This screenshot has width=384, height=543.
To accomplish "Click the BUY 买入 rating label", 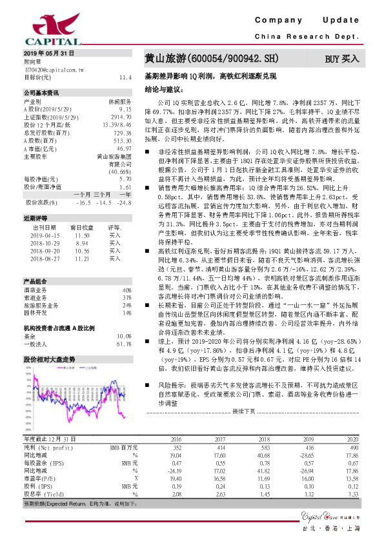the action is tap(342, 59).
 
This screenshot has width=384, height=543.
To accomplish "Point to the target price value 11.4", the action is tap(125, 77).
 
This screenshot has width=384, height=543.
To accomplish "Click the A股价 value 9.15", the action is tap(125, 110).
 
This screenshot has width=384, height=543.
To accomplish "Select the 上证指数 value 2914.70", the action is tap(121, 117).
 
